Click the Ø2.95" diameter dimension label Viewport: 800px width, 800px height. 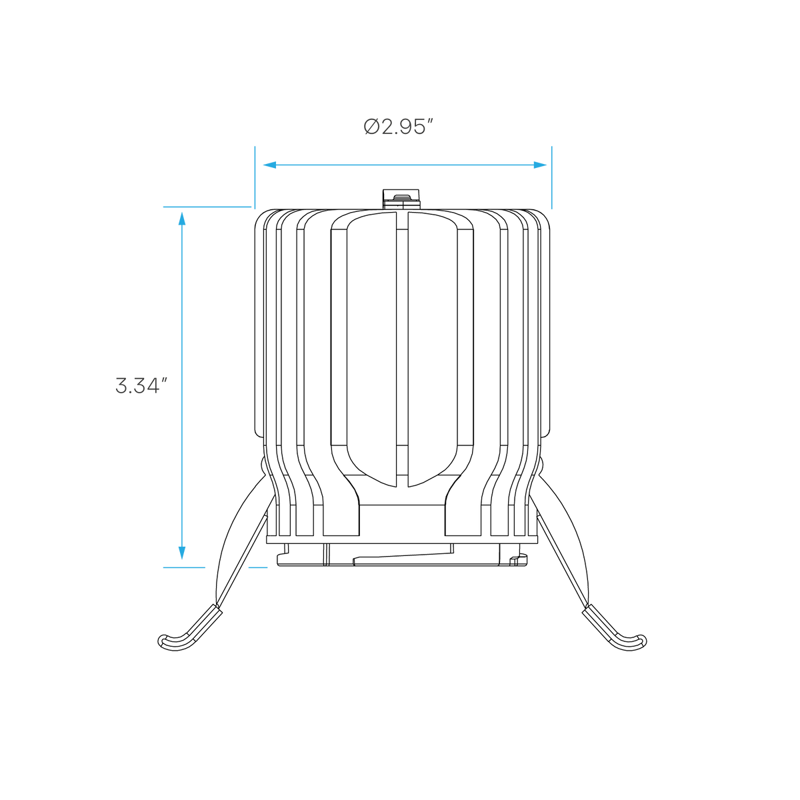pyautogui.click(x=399, y=127)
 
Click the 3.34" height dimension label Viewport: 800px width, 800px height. pyautogui.click(x=141, y=386)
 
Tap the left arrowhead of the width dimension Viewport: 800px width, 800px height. pyautogui.click(x=270, y=165)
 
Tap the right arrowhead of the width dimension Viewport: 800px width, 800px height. pyautogui.click(x=540, y=165)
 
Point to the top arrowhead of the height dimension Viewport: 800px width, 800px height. pyautogui.click(x=182, y=219)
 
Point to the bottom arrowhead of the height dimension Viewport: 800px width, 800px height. pyautogui.click(x=182, y=553)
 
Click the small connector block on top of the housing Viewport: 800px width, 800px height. pyautogui.click(x=401, y=199)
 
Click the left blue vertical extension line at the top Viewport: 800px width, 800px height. pyautogui.click(x=255, y=177)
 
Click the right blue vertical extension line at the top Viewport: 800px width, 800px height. pyautogui.click(x=552, y=177)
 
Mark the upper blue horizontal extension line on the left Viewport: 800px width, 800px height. pyautogui.click(x=207, y=207)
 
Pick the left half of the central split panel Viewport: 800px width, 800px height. pyautogui.click(x=371, y=349)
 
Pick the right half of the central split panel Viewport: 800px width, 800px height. pyautogui.click(x=433, y=349)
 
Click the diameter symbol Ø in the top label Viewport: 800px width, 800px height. pyautogui.click(x=371, y=127)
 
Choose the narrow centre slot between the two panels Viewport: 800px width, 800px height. pyautogui.click(x=402, y=349)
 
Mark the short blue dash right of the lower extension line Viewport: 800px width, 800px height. pyautogui.click(x=258, y=567)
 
